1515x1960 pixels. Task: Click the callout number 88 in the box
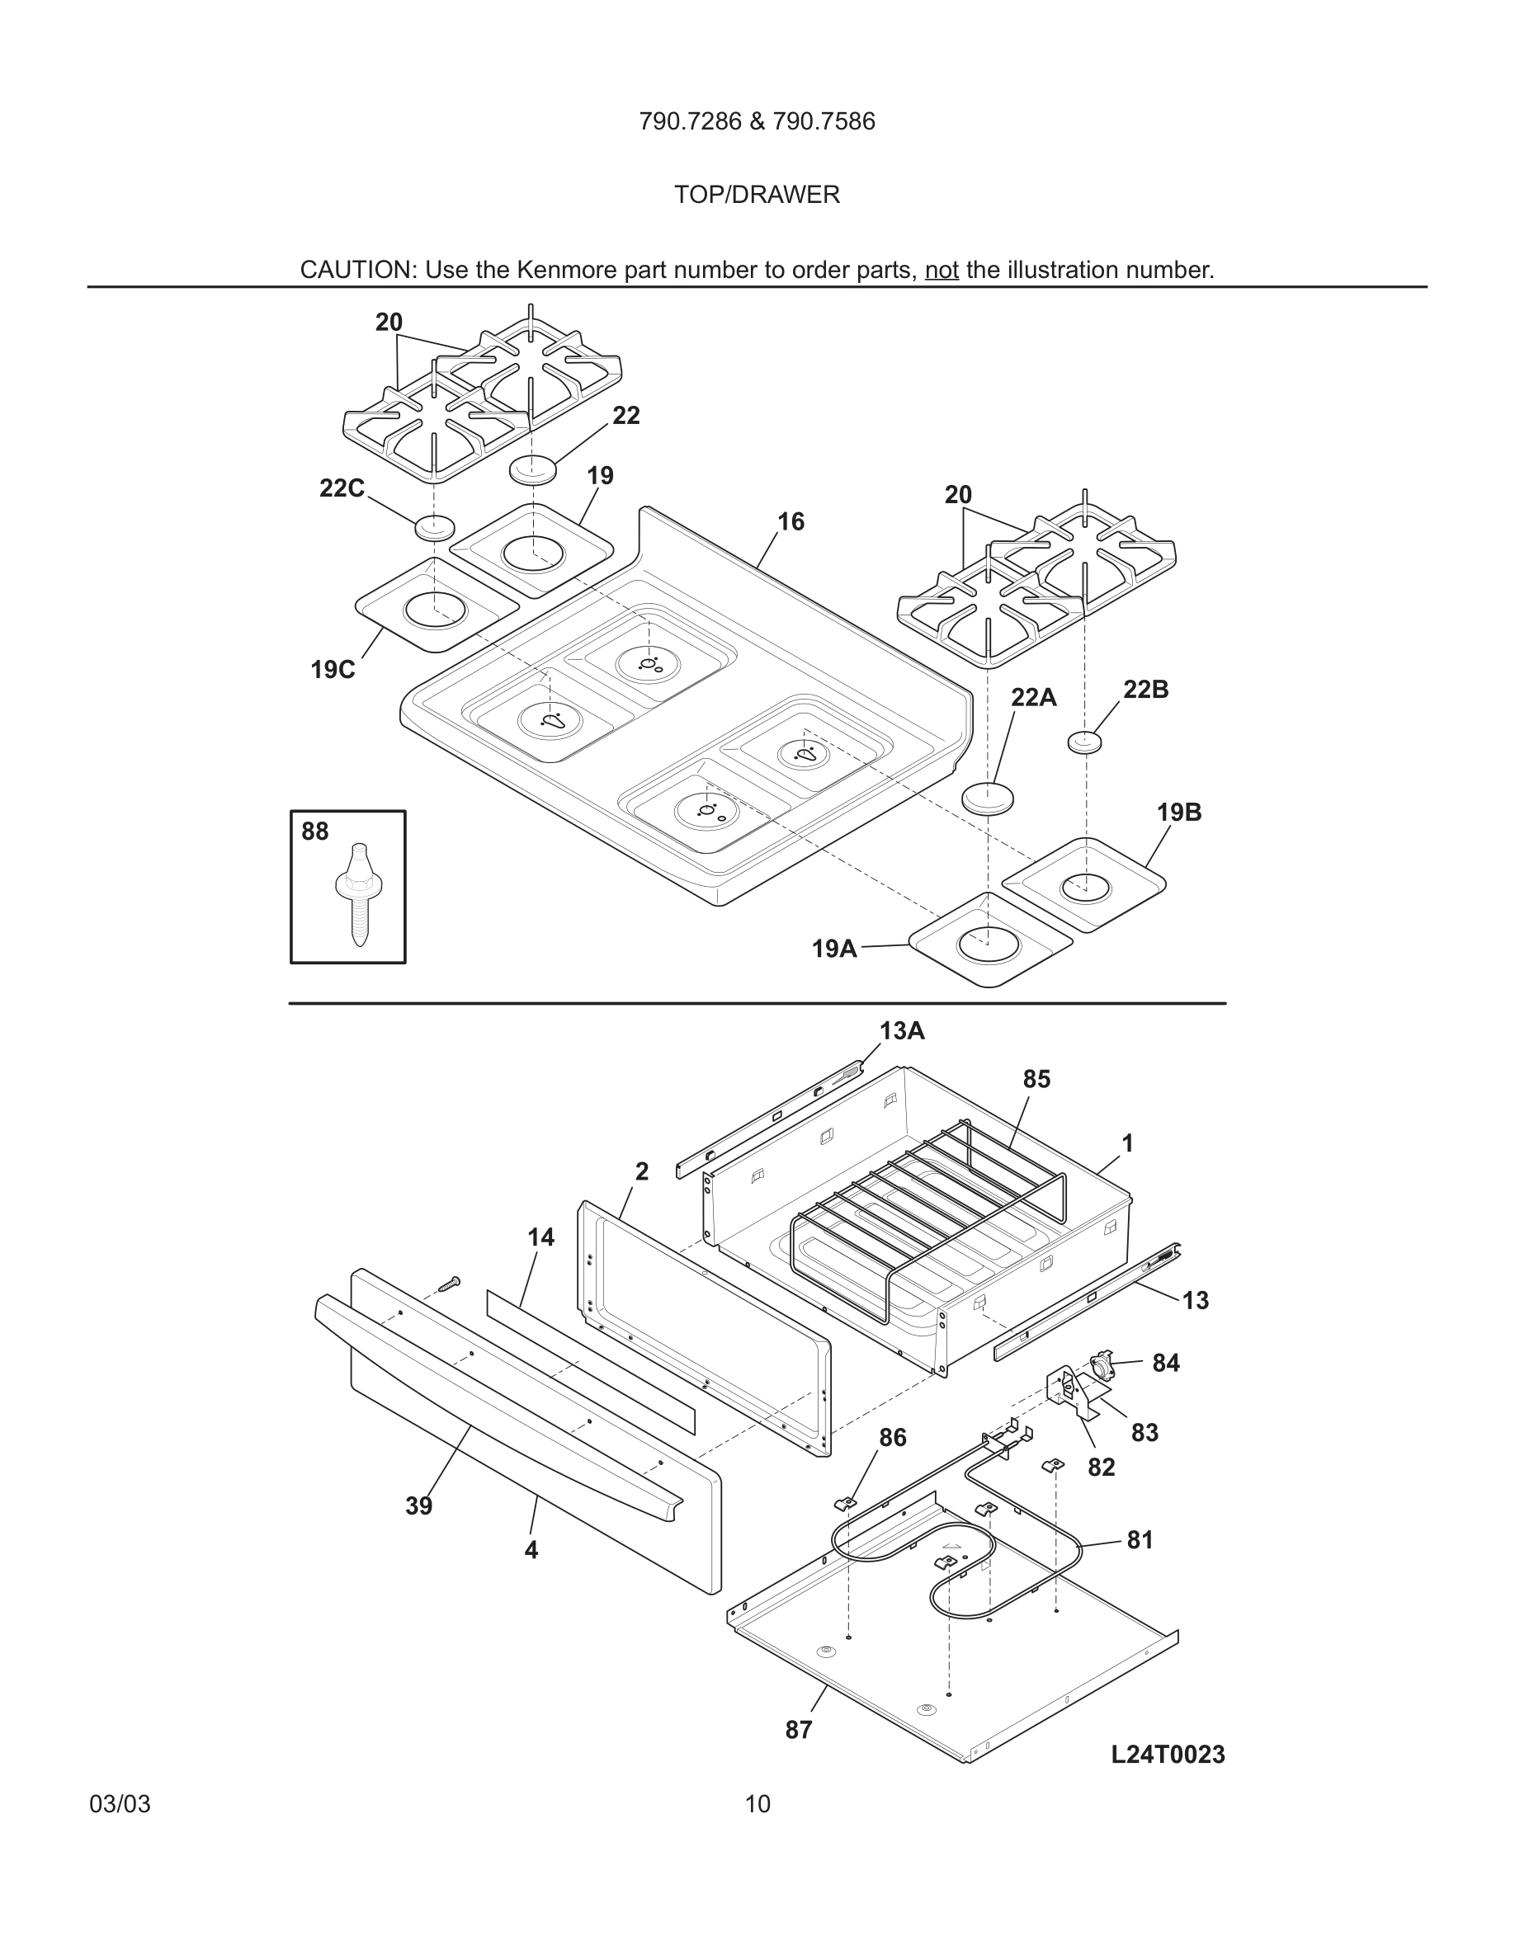(314, 832)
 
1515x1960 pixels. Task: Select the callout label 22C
(342, 489)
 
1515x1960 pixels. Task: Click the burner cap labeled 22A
(989, 796)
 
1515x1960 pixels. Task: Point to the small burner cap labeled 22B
(1084, 742)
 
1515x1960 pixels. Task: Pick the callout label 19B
(1178, 813)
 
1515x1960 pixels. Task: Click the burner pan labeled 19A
(989, 942)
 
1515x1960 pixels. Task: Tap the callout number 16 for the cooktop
(790, 522)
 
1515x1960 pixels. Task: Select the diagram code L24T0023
(1167, 1755)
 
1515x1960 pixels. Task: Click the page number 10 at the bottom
(757, 1804)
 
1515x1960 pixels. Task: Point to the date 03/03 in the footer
(120, 1804)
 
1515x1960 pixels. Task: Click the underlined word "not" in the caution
(942, 270)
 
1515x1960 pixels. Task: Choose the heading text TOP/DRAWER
(757, 195)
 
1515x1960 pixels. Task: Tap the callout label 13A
(901, 1031)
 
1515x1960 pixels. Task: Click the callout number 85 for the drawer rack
(1036, 1080)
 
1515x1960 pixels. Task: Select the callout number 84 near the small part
(1165, 1364)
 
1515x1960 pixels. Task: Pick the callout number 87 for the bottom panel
(798, 1730)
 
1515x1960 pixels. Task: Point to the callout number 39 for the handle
(418, 1506)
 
